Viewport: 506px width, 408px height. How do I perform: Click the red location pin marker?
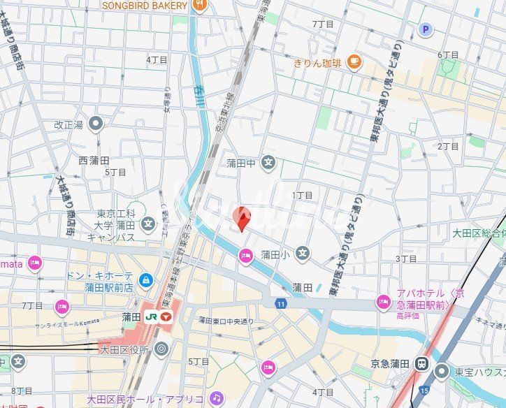(242, 219)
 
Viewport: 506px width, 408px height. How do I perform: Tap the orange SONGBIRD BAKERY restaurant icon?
(200, 6)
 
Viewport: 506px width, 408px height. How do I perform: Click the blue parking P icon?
(425, 29)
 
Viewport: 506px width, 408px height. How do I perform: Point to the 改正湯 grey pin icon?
(96, 124)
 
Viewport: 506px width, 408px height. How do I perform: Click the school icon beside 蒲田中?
(268, 163)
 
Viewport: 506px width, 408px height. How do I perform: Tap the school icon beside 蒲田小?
(302, 253)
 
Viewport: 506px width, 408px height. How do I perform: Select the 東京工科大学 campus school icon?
(147, 224)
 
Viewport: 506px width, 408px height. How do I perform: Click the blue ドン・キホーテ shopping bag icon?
(145, 281)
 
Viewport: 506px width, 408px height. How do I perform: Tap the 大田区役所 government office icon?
(161, 348)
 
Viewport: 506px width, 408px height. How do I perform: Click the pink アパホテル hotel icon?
(382, 302)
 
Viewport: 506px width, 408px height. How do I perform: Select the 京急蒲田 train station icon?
(422, 363)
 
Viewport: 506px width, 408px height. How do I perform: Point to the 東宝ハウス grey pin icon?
(442, 372)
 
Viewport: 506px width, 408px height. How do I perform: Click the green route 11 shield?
(280, 303)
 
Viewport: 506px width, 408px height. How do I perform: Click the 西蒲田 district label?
(94, 161)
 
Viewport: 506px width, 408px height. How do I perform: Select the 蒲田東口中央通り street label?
(226, 321)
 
